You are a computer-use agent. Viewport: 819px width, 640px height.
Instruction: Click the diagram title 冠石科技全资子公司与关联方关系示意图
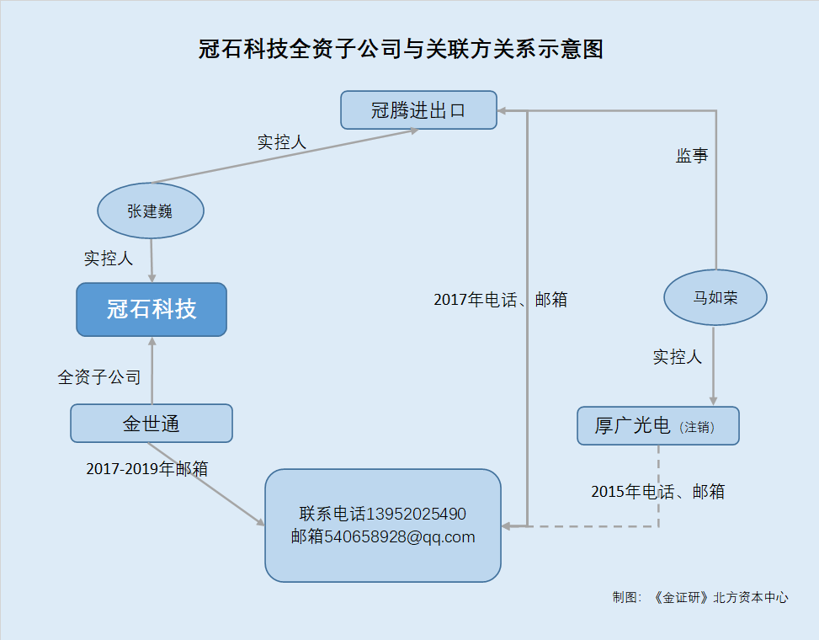pos(401,49)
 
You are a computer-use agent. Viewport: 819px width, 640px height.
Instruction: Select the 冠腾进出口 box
pos(418,110)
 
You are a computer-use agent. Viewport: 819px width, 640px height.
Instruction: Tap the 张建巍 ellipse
pos(151,211)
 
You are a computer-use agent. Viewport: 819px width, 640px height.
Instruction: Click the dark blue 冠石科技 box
pos(152,309)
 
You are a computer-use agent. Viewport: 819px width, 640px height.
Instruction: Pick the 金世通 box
pos(152,424)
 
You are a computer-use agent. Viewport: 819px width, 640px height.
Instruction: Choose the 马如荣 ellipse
pos(715,297)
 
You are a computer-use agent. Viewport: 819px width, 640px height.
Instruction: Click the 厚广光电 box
pos(658,426)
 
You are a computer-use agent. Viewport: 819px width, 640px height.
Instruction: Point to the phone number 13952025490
pos(416,514)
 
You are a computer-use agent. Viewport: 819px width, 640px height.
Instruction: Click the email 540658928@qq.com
pos(400,536)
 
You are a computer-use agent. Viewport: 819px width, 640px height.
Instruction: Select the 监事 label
pos(692,155)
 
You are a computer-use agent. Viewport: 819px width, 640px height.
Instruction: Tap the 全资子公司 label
pos(99,376)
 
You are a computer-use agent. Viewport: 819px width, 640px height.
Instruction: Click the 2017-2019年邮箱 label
pos(146,469)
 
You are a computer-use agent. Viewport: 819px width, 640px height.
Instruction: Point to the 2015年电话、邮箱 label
pos(657,492)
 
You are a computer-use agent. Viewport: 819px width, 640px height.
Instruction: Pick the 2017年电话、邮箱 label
pos(500,299)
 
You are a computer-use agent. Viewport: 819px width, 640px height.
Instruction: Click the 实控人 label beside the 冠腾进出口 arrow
pos(281,142)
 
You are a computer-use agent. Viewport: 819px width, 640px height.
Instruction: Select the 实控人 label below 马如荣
pos(677,357)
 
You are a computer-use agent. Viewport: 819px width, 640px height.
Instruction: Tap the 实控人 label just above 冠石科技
pos(108,258)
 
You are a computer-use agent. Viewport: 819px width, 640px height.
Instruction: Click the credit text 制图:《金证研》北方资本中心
pos(700,597)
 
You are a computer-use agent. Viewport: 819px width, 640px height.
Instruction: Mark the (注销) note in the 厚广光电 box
pos(697,427)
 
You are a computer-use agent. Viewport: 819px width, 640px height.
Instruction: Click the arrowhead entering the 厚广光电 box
pos(713,401)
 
